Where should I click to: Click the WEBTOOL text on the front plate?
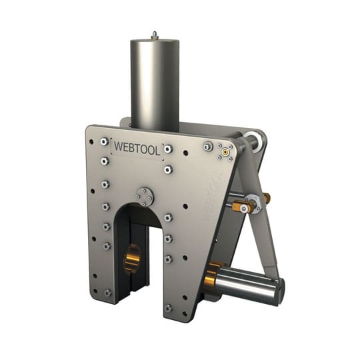[x=137, y=147]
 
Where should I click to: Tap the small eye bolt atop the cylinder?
[x=154, y=34]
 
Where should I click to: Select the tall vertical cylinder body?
[x=155, y=83]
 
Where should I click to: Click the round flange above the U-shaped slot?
[x=145, y=196]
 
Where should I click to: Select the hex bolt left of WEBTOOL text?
[x=104, y=141]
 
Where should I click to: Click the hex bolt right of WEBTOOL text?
[x=168, y=149]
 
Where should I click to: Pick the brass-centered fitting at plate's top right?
[x=227, y=151]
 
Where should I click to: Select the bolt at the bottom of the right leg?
[x=168, y=307]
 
